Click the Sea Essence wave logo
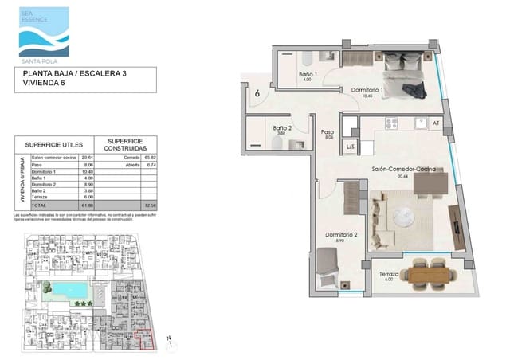[x=43, y=30]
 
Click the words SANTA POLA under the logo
[x=43, y=59]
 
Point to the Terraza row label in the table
[x=41, y=198]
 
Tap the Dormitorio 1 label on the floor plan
[x=367, y=90]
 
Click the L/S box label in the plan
[x=350, y=147]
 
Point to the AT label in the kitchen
[x=435, y=123]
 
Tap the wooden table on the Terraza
[x=429, y=274]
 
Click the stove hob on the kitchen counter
[x=392, y=123]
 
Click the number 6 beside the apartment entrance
[x=258, y=93]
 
